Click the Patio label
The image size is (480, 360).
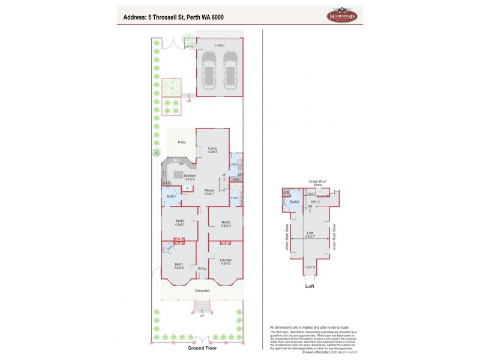180,142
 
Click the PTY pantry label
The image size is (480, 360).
166,184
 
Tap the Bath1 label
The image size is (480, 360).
171,196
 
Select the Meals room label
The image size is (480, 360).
209,191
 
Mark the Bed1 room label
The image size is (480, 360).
179,265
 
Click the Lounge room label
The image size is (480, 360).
226,260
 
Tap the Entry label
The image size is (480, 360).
202,268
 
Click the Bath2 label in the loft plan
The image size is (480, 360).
295,202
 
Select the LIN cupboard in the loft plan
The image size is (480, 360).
287,192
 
